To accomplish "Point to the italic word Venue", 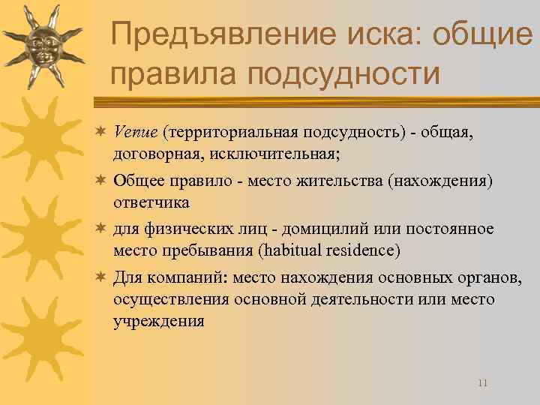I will click(x=136, y=132).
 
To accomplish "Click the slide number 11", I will click(x=482, y=382).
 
